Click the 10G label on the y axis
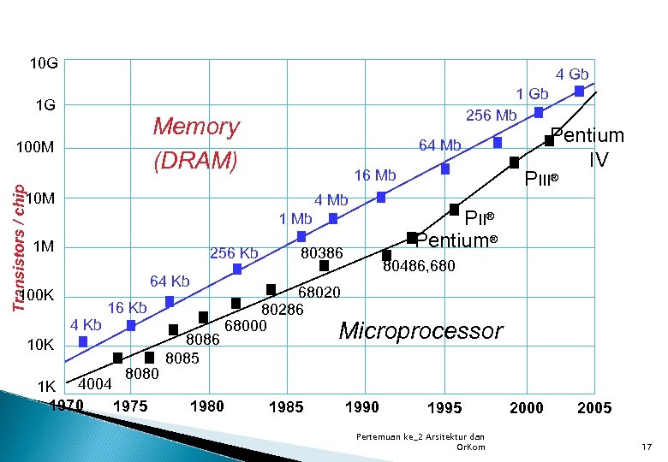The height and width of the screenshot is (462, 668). (x=44, y=63)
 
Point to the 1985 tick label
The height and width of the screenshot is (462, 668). (x=285, y=407)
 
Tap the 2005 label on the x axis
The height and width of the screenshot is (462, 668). (x=594, y=407)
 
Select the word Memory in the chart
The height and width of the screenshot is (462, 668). (x=196, y=127)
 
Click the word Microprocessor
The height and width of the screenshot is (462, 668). (x=421, y=330)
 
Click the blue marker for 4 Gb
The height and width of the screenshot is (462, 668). (x=580, y=91)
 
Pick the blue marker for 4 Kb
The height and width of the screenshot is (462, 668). (x=82, y=341)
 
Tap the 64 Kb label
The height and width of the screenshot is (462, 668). (x=170, y=281)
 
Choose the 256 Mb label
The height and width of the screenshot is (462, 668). (x=491, y=115)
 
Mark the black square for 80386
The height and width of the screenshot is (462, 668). (x=324, y=265)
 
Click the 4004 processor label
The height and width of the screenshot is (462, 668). (x=95, y=384)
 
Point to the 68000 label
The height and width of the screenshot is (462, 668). (x=246, y=325)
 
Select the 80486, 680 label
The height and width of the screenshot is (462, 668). (x=419, y=267)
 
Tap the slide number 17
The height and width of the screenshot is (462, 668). (x=647, y=447)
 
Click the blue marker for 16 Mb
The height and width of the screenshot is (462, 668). (x=381, y=197)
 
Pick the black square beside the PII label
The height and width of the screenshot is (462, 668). (x=454, y=209)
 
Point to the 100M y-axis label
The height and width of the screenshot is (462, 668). (x=35, y=149)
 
